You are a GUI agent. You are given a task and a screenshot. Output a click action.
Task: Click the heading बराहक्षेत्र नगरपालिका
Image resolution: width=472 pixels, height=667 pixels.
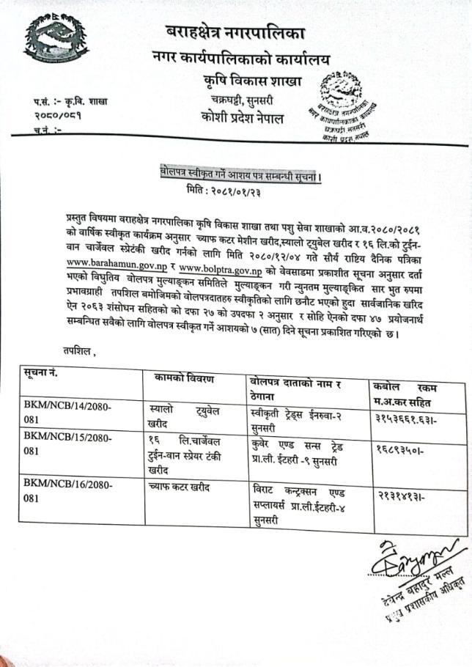point(235,32)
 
